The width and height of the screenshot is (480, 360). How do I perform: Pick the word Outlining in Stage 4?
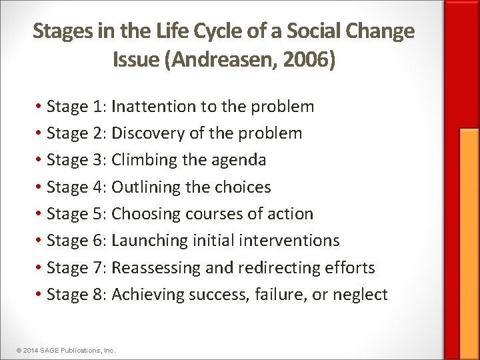tap(146, 187)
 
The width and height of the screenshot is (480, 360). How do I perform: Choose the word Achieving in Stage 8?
tap(148, 294)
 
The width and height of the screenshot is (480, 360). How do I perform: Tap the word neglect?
tap(361, 294)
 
